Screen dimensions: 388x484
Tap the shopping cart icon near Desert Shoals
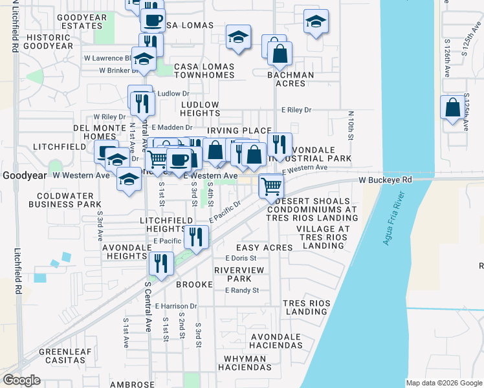click(x=271, y=186)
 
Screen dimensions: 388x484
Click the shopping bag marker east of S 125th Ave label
click(x=452, y=108)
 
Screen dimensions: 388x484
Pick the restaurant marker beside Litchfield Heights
click(x=196, y=237)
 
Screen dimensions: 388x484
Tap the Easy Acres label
click(x=265, y=248)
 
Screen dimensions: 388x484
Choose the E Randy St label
click(x=241, y=290)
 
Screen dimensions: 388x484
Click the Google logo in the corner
click(x=22, y=380)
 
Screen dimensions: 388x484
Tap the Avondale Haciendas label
click(x=276, y=341)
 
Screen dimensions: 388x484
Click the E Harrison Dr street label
click(x=175, y=306)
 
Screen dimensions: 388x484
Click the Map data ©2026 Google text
click(x=443, y=383)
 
